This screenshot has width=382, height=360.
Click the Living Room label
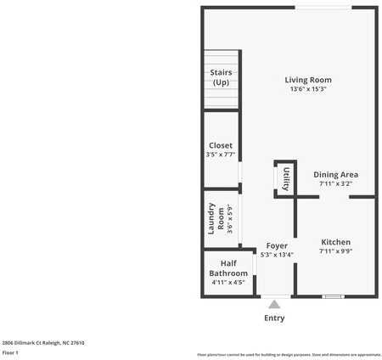[307, 80]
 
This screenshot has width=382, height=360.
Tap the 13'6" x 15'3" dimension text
[307, 89]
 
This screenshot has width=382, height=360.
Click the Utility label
[286, 179]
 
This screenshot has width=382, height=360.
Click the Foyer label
[276, 245]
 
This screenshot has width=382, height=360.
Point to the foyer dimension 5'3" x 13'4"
[276, 254]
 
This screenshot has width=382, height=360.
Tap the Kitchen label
[335, 242]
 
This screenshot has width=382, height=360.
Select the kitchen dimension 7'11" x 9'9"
[335, 251]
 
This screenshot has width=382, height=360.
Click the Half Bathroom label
[228, 267]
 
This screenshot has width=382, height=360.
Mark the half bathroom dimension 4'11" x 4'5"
[228, 282]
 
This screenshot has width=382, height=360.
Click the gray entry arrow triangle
[273, 305]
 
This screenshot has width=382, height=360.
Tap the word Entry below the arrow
[274, 318]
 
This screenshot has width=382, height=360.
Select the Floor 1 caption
[10, 352]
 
